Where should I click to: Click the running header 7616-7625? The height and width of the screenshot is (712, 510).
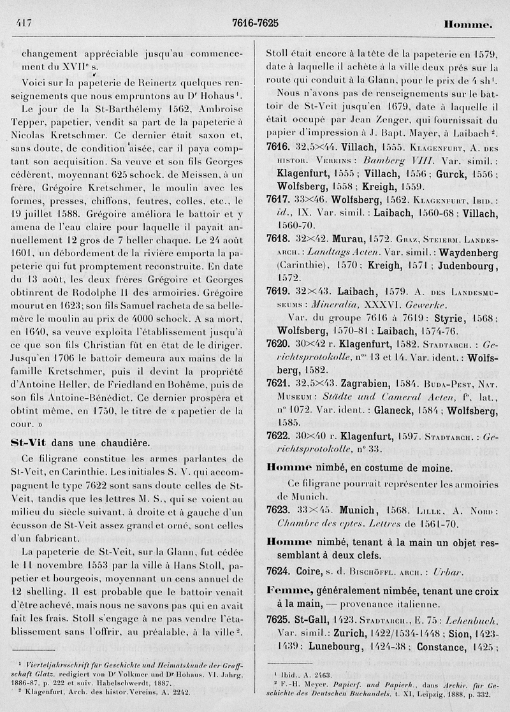coord(255,23)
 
